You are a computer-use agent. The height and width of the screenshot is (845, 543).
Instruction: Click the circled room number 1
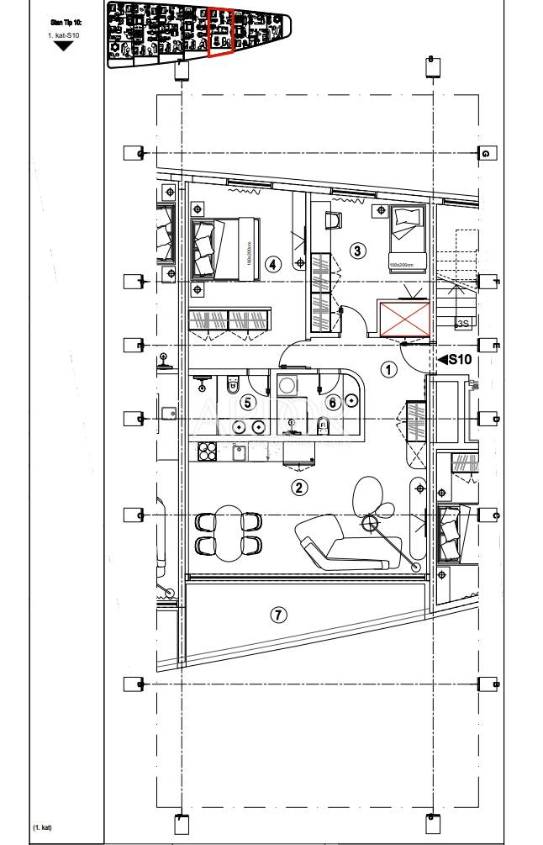pyautogui.click(x=387, y=368)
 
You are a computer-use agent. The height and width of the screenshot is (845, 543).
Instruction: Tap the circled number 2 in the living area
pyautogui.click(x=298, y=487)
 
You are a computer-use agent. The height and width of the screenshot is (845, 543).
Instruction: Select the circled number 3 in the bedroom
pyautogui.click(x=357, y=251)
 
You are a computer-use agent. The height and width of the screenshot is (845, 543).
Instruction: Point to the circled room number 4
pyautogui.click(x=271, y=264)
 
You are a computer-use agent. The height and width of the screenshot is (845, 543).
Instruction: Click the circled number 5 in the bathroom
pyautogui.click(x=247, y=403)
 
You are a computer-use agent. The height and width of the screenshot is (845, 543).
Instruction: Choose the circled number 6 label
pyautogui.click(x=332, y=403)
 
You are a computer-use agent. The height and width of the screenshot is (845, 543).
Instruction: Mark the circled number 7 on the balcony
pyautogui.click(x=278, y=615)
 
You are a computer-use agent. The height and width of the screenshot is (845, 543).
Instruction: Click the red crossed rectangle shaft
pyautogui.click(x=404, y=320)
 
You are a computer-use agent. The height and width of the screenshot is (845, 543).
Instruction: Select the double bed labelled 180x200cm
pyautogui.click(x=224, y=247)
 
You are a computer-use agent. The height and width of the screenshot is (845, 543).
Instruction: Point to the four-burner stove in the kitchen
pyautogui.click(x=207, y=452)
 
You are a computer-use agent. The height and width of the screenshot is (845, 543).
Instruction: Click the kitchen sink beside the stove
pyautogui.click(x=239, y=452)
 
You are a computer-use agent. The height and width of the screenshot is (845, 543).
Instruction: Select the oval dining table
pyautogui.click(x=227, y=531)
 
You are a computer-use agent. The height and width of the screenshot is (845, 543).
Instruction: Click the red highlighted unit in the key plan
pyautogui.click(x=221, y=33)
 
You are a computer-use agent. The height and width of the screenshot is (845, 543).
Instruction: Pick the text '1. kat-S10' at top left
pyautogui.click(x=63, y=36)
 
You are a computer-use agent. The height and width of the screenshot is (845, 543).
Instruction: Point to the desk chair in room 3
pyautogui.click(x=334, y=220)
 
